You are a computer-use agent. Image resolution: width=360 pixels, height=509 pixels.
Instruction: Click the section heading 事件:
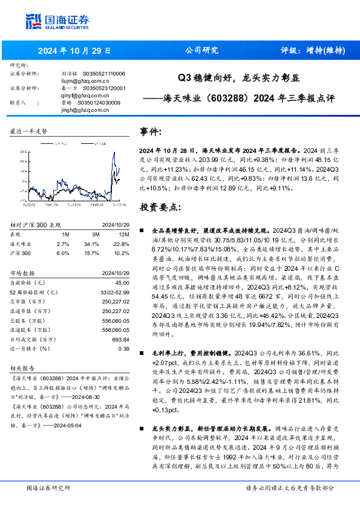click(151, 132)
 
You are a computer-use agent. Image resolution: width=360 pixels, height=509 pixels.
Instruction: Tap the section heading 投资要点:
click(160, 207)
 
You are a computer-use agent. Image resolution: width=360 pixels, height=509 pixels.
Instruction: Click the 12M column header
click(124, 234)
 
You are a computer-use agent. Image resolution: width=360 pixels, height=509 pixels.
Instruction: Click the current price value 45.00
click(123, 282)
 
